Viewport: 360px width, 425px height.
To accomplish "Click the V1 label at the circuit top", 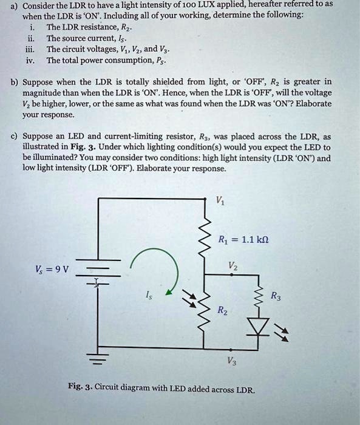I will coord(219,202).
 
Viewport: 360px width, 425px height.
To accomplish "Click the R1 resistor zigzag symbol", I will coord(204,237).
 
